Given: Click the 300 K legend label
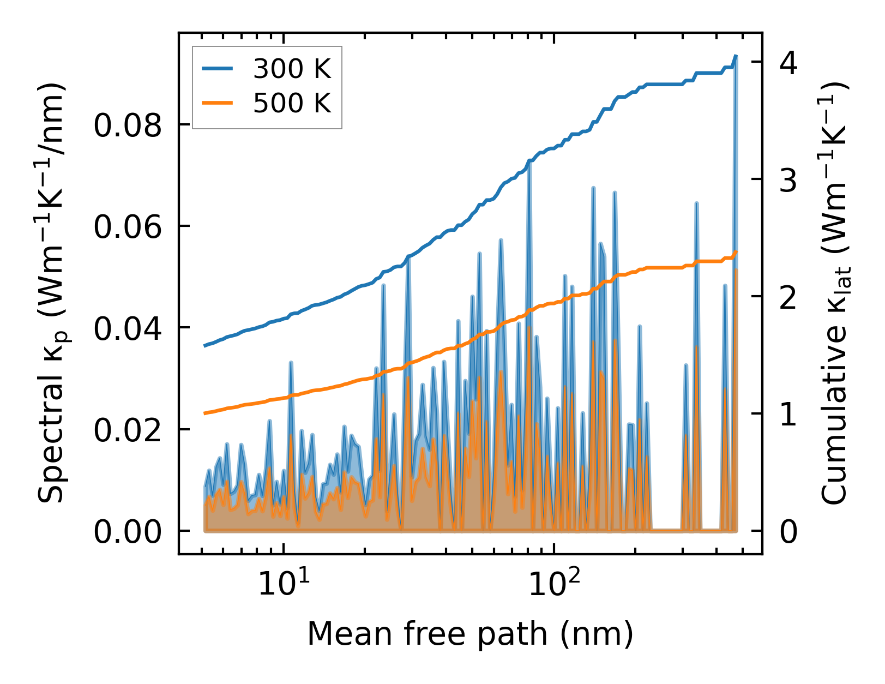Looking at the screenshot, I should (x=292, y=69).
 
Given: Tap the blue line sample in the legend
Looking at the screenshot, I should (x=218, y=69).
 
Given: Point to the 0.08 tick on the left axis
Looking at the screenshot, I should (x=128, y=125).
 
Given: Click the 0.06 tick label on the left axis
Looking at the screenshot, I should (x=128, y=227).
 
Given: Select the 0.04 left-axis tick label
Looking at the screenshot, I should (x=128, y=328).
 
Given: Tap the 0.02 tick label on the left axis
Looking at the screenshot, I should (x=128, y=430).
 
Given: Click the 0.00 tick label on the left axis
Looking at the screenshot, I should (x=128, y=531).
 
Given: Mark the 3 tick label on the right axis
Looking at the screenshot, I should (x=788, y=180).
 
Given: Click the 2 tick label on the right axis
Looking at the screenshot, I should (x=788, y=297).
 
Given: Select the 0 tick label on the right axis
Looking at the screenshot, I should (x=788, y=531).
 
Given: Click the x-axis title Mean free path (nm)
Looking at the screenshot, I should (x=470, y=634).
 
